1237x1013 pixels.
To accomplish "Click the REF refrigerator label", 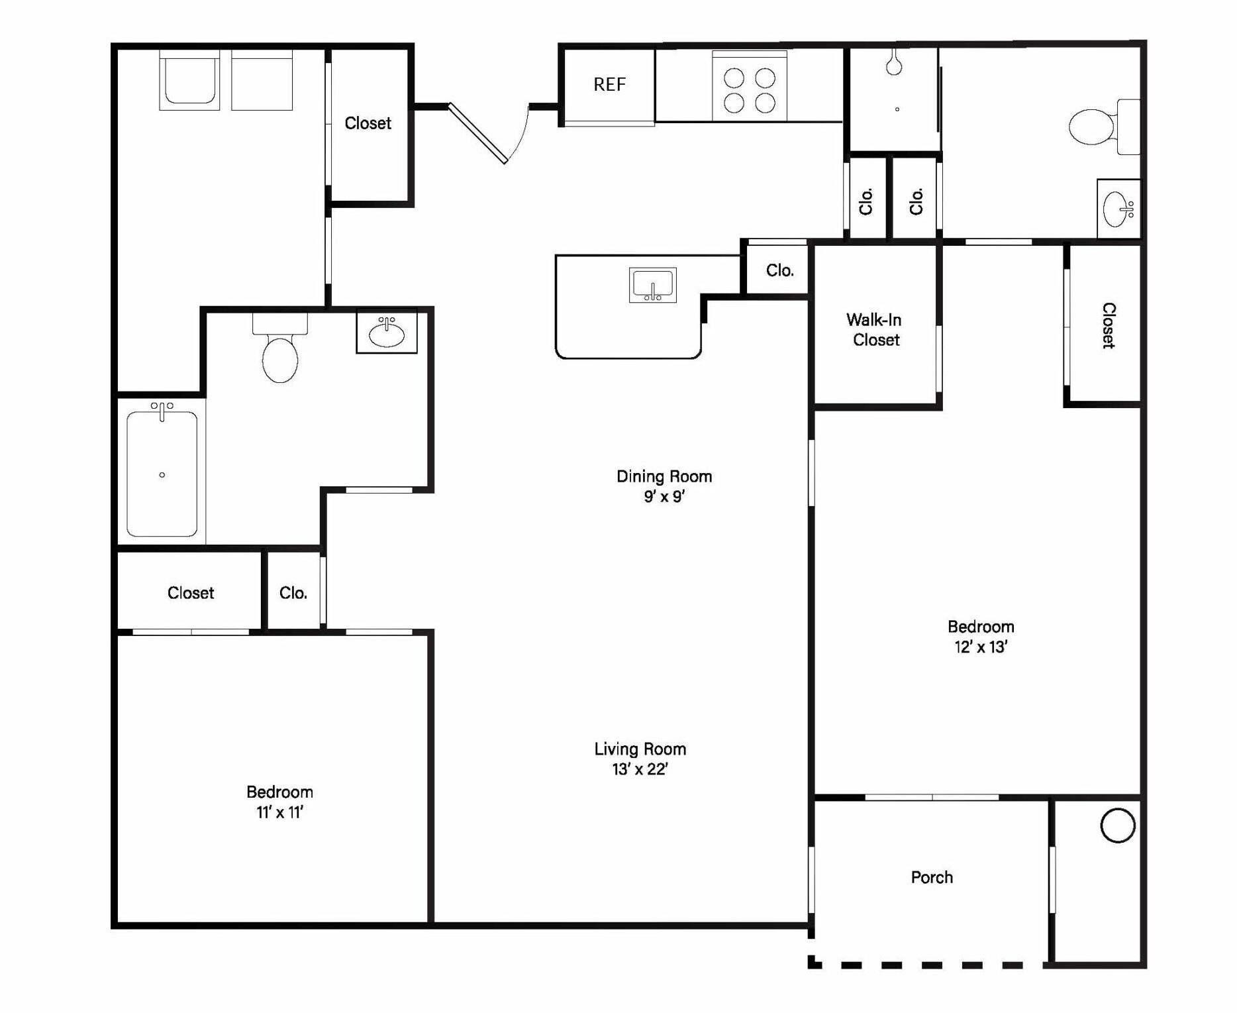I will click(x=609, y=85).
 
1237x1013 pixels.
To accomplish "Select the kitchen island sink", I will click(x=652, y=286).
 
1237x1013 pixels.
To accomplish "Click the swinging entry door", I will click(x=477, y=133).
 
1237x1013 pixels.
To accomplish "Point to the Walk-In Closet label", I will click(x=875, y=330).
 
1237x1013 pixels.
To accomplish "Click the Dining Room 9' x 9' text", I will click(x=664, y=486).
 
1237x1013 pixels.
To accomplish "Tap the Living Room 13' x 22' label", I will click(x=640, y=759).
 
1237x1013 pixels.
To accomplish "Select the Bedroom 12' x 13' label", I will click(x=981, y=637).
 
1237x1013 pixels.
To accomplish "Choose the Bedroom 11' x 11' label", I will click(x=279, y=802).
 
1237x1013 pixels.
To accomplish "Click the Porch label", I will click(x=932, y=877).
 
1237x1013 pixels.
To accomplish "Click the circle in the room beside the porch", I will click(x=1117, y=826).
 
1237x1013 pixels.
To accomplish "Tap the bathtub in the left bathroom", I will click(x=162, y=474).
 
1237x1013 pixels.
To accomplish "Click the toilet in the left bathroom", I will click(x=280, y=354).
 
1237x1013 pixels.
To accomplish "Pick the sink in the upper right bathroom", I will click(x=1118, y=209).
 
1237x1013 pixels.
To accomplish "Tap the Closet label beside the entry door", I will click(x=368, y=123).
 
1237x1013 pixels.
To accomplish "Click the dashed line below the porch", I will click(x=927, y=965).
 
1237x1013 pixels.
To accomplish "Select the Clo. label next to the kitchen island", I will click(x=779, y=270).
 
